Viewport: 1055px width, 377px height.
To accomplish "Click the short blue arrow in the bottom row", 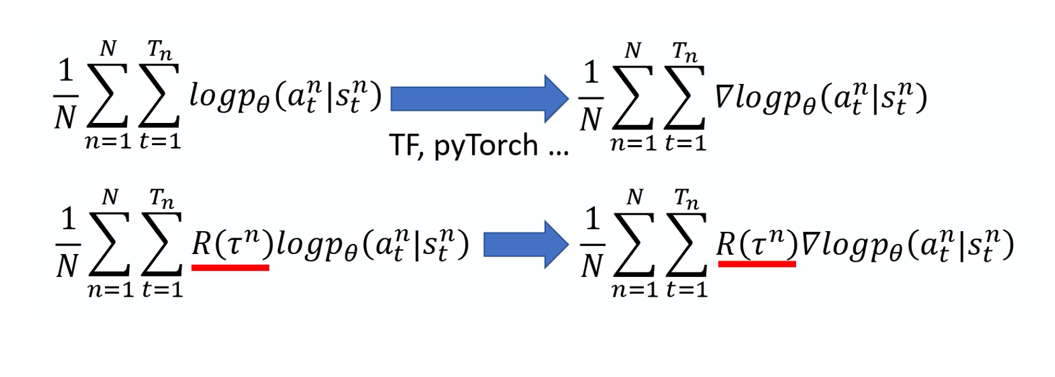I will (525, 245).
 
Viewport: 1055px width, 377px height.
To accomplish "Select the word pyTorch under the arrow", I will (486, 146).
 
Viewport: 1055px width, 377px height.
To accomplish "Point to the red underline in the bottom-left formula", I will (230, 268).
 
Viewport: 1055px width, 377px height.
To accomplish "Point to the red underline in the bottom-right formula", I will (757, 264).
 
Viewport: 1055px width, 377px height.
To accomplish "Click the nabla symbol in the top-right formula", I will (724, 97).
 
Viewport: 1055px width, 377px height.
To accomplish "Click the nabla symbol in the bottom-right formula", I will (809, 245).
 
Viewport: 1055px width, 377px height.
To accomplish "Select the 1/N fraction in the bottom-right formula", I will (592, 245).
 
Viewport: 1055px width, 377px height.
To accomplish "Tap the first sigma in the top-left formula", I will (108, 95).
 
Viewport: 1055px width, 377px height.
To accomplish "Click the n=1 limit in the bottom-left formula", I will (110, 290).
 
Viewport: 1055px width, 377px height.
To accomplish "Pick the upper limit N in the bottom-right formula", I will (634, 198).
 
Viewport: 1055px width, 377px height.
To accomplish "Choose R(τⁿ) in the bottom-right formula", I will (757, 243).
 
